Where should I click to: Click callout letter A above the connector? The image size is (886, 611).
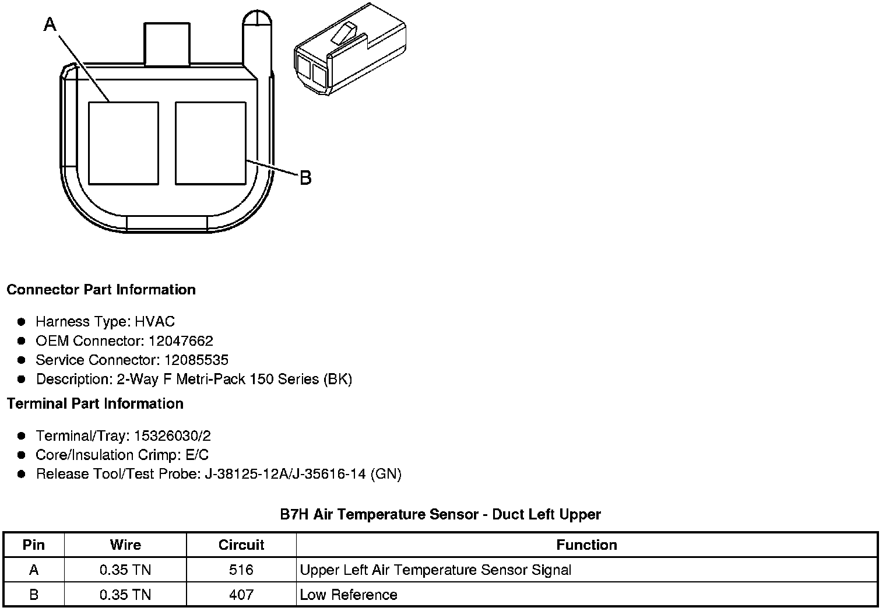pos(50,24)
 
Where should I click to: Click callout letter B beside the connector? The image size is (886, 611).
pos(305,178)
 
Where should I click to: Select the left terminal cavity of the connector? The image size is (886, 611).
pos(124,143)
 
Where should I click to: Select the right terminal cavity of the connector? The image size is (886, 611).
pos(210,143)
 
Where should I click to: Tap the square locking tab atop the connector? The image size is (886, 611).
pos(167,44)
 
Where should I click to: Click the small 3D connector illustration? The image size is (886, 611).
pos(350,50)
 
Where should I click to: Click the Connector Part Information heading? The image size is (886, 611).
pos(101,290)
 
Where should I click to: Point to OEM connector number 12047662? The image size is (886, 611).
pos(181,340)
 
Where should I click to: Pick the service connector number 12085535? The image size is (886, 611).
pos(196,360)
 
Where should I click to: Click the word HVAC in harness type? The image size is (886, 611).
pos(154,321)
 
